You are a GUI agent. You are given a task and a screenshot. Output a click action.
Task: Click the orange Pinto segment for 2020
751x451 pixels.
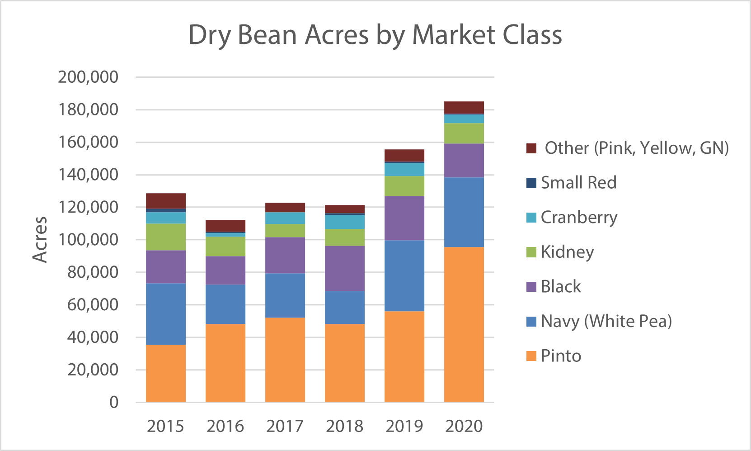(x=464, y=324)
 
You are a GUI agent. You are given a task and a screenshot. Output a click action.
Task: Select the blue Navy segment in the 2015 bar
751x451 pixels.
(x=165, y=314)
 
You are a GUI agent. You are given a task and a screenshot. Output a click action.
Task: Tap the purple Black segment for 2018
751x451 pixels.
(x=344, y=268)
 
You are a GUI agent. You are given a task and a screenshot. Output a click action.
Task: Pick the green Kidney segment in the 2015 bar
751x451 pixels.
(x=165, y=237)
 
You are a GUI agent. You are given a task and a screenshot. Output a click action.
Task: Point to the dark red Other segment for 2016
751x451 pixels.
(x=225, y=225)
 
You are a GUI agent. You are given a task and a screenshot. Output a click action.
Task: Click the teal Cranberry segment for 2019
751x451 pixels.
(x=404, y=169)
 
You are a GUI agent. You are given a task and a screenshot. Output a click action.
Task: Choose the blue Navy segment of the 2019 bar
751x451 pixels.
(x=404, y=275)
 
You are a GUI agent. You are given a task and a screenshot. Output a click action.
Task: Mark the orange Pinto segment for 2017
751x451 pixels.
(x=285, y=359)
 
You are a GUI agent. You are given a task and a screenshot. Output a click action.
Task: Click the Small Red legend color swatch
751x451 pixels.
(x=531, y=183)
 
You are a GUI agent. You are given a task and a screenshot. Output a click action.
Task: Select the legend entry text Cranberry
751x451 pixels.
(x=578, y=218)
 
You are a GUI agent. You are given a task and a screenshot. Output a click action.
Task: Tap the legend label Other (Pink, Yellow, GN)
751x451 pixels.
(x=636, y=148)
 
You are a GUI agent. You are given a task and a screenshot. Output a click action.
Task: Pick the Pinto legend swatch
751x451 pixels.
(x=531, y=356)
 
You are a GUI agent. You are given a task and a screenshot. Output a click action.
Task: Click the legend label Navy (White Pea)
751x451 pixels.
(x=606, y=321)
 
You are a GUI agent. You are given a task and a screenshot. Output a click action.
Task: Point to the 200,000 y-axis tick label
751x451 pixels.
(x=88, y=77)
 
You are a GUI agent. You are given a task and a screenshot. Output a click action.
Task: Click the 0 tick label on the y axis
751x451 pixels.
(x=114, y=402)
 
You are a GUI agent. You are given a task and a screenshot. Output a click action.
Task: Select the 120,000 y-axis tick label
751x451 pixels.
(x=88, y=207)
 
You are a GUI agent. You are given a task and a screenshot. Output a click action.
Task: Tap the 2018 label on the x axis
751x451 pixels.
(x=344, y=426)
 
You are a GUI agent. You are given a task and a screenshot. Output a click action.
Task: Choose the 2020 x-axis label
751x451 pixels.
(x=464, y=426)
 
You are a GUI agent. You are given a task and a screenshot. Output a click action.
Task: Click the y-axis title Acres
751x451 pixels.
(x=40, y=239)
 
